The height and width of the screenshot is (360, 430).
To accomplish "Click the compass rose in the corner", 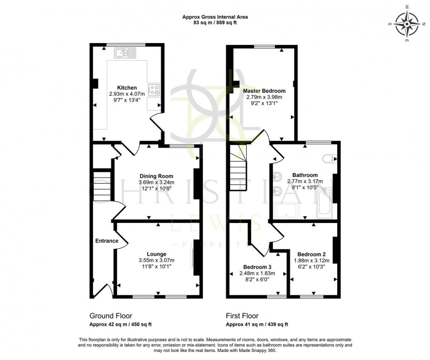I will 406,24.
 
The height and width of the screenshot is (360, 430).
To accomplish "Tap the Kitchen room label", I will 127,88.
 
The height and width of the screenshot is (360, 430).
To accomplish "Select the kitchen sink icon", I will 125,53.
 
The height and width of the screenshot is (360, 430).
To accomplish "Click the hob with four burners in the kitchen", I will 155,89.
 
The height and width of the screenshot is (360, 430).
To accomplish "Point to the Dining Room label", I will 156,176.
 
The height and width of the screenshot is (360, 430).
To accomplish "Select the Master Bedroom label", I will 264,91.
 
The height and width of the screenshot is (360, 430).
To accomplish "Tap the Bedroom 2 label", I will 312,254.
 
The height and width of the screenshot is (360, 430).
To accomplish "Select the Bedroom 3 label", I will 257,267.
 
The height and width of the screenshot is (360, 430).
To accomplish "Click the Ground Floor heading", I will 111,316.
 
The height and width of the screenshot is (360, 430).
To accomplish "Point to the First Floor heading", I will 242,316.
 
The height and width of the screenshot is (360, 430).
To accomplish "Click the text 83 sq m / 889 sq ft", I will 215,23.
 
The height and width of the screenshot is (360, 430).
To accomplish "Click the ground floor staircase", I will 102,185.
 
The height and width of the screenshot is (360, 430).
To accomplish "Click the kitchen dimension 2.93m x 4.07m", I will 127,94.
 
